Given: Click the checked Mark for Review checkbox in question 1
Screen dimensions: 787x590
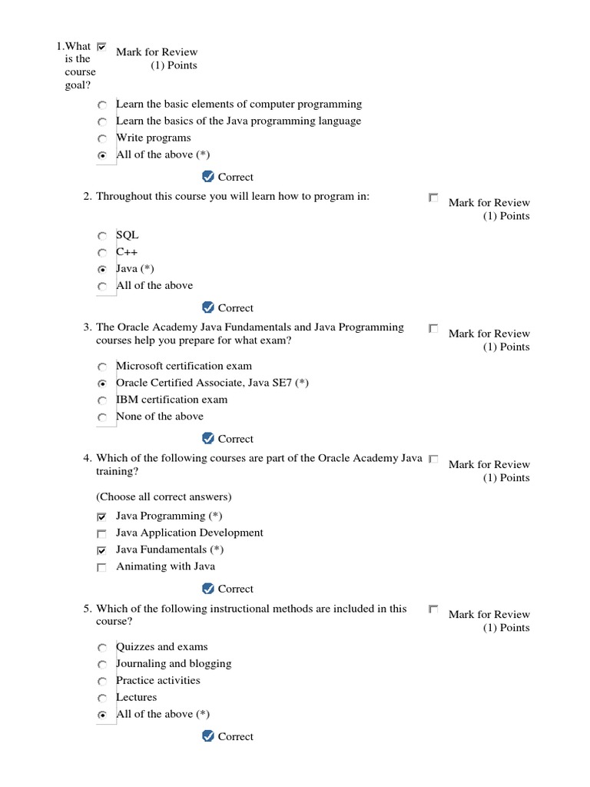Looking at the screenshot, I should [102, 47].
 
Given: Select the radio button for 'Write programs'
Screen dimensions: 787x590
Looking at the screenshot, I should [102, 139].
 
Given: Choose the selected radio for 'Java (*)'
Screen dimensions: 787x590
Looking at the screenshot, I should [102, 270].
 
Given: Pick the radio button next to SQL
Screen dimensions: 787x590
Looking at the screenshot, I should [102, 237].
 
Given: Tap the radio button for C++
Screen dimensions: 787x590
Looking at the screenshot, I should [102, 253].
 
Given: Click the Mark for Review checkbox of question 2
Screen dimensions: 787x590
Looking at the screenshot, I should [433, 198].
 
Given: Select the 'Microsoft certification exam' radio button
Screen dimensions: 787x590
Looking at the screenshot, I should [102, 367].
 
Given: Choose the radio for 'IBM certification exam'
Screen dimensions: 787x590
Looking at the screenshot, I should [102, 400].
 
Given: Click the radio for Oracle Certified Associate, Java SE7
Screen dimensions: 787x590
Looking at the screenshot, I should [102, 384].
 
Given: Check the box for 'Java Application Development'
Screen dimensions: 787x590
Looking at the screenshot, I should [102, 533].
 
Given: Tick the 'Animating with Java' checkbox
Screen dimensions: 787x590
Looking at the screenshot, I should [102, 568].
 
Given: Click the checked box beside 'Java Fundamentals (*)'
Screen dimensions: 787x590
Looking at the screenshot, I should [102, 551].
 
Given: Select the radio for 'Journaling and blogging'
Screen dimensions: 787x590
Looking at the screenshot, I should [102, 665].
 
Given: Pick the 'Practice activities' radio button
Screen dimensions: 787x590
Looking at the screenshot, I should [102, 682].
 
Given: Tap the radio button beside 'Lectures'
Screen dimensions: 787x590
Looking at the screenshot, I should [102, 699].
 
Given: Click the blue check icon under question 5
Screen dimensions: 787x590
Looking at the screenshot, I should [207, 736].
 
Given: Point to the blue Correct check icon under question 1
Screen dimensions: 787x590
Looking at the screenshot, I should [207, 177].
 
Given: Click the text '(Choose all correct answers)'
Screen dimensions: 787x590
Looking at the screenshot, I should [164, 496].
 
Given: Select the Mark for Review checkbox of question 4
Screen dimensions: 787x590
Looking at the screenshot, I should [433, 460].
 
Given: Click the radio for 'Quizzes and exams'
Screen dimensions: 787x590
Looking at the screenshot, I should [102, 648].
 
